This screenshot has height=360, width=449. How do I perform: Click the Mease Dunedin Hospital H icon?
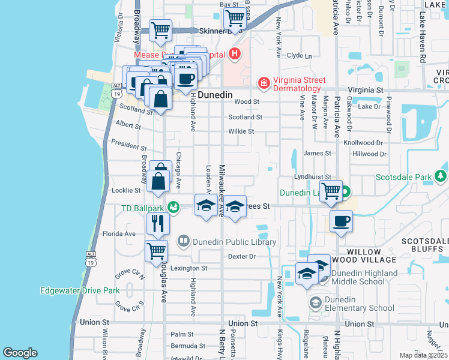235,54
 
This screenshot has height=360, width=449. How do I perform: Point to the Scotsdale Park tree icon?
441,176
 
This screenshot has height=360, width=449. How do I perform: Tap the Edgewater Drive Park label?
80,290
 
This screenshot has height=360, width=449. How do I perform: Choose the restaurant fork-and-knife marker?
157,223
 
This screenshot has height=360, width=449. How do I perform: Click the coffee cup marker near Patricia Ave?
341,221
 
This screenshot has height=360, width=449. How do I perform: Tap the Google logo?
20,353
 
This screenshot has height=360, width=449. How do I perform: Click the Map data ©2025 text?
423,355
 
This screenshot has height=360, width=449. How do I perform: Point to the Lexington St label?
188,268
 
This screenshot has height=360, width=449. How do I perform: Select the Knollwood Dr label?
363,143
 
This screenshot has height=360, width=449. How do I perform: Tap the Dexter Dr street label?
242,256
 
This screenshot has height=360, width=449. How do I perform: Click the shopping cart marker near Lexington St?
157,251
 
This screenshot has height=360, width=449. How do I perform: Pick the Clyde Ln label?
300,55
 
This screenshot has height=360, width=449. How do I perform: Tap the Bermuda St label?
188,346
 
